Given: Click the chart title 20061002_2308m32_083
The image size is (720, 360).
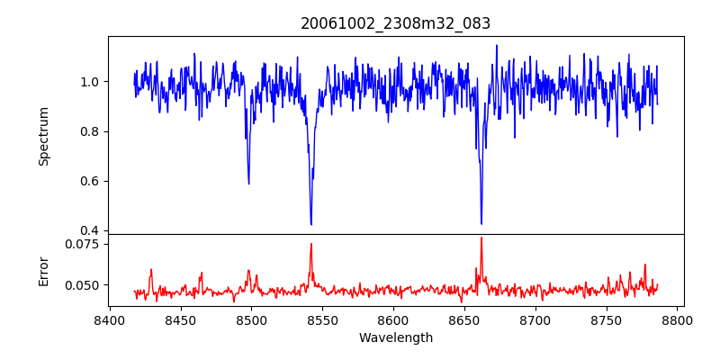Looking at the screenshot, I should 396,23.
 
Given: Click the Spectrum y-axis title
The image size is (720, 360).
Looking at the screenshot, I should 43,136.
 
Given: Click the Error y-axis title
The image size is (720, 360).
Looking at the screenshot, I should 43,270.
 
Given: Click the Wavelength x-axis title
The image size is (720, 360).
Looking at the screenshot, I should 396,338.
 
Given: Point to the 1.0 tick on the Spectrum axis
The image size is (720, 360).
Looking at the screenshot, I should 93,82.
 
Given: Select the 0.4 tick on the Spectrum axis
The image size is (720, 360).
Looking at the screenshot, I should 93,230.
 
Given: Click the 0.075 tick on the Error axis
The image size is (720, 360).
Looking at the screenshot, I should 87,244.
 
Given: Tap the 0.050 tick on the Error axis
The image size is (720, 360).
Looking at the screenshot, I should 87,285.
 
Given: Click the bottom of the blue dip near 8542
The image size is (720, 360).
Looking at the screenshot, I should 310,224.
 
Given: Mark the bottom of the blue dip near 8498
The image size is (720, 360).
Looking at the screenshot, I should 248,184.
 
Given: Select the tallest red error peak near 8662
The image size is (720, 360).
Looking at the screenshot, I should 481,238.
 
